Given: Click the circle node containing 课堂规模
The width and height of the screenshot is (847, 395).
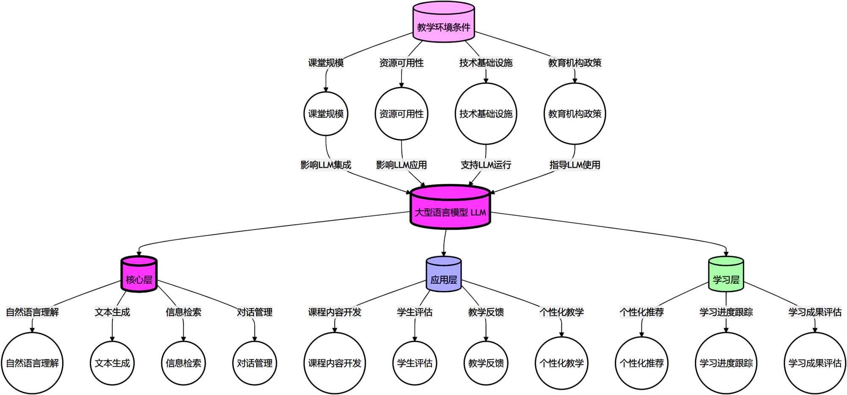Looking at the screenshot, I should pyautogui.click(x=326, y=113).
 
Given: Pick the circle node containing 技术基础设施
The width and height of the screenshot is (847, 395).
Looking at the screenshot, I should pyautogui.click(x=486, y=113).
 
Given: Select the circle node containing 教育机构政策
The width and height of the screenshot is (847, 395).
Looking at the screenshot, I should pyautogui.click(x=575, y=113).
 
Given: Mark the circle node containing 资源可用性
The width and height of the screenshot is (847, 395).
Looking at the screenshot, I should pyautogui.click(x=401, y=113).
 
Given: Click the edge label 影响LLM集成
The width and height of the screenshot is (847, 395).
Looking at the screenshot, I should pyautogui.click(x=326, y=165).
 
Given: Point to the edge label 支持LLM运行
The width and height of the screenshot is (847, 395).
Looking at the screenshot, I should pyautogui.click(x=486, y=165).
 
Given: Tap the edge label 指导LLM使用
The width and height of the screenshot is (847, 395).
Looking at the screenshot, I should pyautogui.click(x=575, y=165).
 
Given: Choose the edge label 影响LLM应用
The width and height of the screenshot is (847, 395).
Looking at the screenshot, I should pyautogui.click(x=401, y=165).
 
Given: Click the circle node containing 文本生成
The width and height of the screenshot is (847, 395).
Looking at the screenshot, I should pyautogui.click(x=112, y=363).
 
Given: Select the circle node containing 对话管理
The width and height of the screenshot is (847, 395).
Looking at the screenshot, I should pyautogui.click(x=255, y=363).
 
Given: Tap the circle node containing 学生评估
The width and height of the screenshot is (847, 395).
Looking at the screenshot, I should pyautogui.click(x=415, y=363).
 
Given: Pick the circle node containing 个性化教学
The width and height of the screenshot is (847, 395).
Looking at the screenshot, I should pyautogui.click(x=562, y=363).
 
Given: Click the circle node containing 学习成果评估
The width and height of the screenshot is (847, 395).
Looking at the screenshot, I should pyautogui.click(x=815, y=363).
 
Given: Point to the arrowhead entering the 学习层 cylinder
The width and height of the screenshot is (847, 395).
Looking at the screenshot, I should pyautogui.click(x=726, y=254).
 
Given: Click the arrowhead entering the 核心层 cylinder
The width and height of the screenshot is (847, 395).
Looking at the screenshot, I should pyautogui.click(x=139, y=254).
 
